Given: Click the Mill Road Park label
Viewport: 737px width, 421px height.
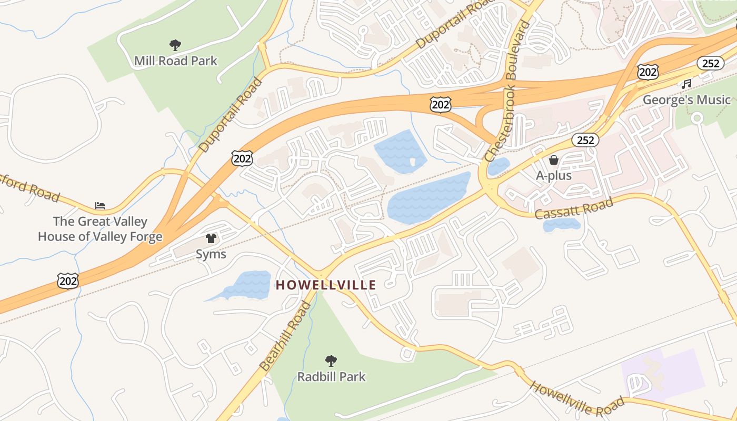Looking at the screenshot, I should [175, 61].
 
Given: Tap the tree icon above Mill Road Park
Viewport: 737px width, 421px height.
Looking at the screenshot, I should [175, 45].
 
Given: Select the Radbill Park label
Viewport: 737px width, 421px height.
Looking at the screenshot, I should [331, 377].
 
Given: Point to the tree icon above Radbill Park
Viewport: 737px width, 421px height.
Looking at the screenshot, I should [331, 361].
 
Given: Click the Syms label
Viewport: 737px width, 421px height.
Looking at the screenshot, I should [211, 254].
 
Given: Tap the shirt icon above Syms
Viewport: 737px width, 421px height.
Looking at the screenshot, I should [211, 238].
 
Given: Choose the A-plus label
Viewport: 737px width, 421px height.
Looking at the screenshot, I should [554, 176].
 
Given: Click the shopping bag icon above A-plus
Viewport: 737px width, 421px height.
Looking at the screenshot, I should [554, 160].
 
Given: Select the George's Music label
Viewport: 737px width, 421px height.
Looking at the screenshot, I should [686, 100].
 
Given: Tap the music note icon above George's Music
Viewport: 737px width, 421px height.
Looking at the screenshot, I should [686, 84].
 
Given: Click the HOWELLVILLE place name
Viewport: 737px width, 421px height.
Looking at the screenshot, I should [326, 285].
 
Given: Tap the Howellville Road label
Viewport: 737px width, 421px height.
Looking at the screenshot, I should [577, 399].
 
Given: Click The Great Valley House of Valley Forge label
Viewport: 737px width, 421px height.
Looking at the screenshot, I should [100, 229].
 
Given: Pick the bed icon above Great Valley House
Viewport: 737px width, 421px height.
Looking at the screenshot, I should [100, 205].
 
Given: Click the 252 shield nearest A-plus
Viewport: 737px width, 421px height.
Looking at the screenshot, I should [585, 140].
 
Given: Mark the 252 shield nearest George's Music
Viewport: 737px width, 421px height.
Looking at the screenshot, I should [710, 63].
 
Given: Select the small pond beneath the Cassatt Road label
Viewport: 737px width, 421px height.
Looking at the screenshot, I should [561, 225].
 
